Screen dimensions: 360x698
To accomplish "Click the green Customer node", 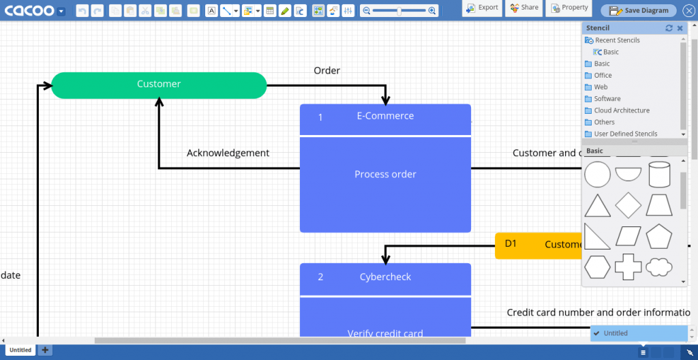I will (x=159, y=85).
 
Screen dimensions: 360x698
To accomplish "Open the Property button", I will (x=569, y=8).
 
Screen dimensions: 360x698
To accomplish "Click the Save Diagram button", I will (x=639, y=11).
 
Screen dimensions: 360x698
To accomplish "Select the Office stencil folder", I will (x=603, y=76).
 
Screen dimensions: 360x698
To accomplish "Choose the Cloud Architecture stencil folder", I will (x=621, y=110).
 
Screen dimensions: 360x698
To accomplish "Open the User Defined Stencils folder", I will (x=625, y=134).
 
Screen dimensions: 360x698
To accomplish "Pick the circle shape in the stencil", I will (x=597, y=175).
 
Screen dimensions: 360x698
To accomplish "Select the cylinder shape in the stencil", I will (x=659, y=175).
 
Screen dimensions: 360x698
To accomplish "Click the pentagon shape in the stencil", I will (x=659, y=237).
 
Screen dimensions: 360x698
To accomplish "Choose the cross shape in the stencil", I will (x=628, y=267).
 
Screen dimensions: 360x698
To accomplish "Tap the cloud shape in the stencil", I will (x=659, y=267).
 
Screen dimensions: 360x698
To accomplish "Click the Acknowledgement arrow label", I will (x=228, y=153).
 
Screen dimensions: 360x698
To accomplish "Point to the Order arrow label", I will (x=327, y=71).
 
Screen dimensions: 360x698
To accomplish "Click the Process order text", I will (x=385, y=175).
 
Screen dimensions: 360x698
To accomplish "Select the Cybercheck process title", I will (x=385, y=277).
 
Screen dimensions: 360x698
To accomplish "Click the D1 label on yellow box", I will (x=511, y=243).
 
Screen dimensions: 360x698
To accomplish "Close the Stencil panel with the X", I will (x=680, y=28).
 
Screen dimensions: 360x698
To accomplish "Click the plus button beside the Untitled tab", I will (x=45, y=350).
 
